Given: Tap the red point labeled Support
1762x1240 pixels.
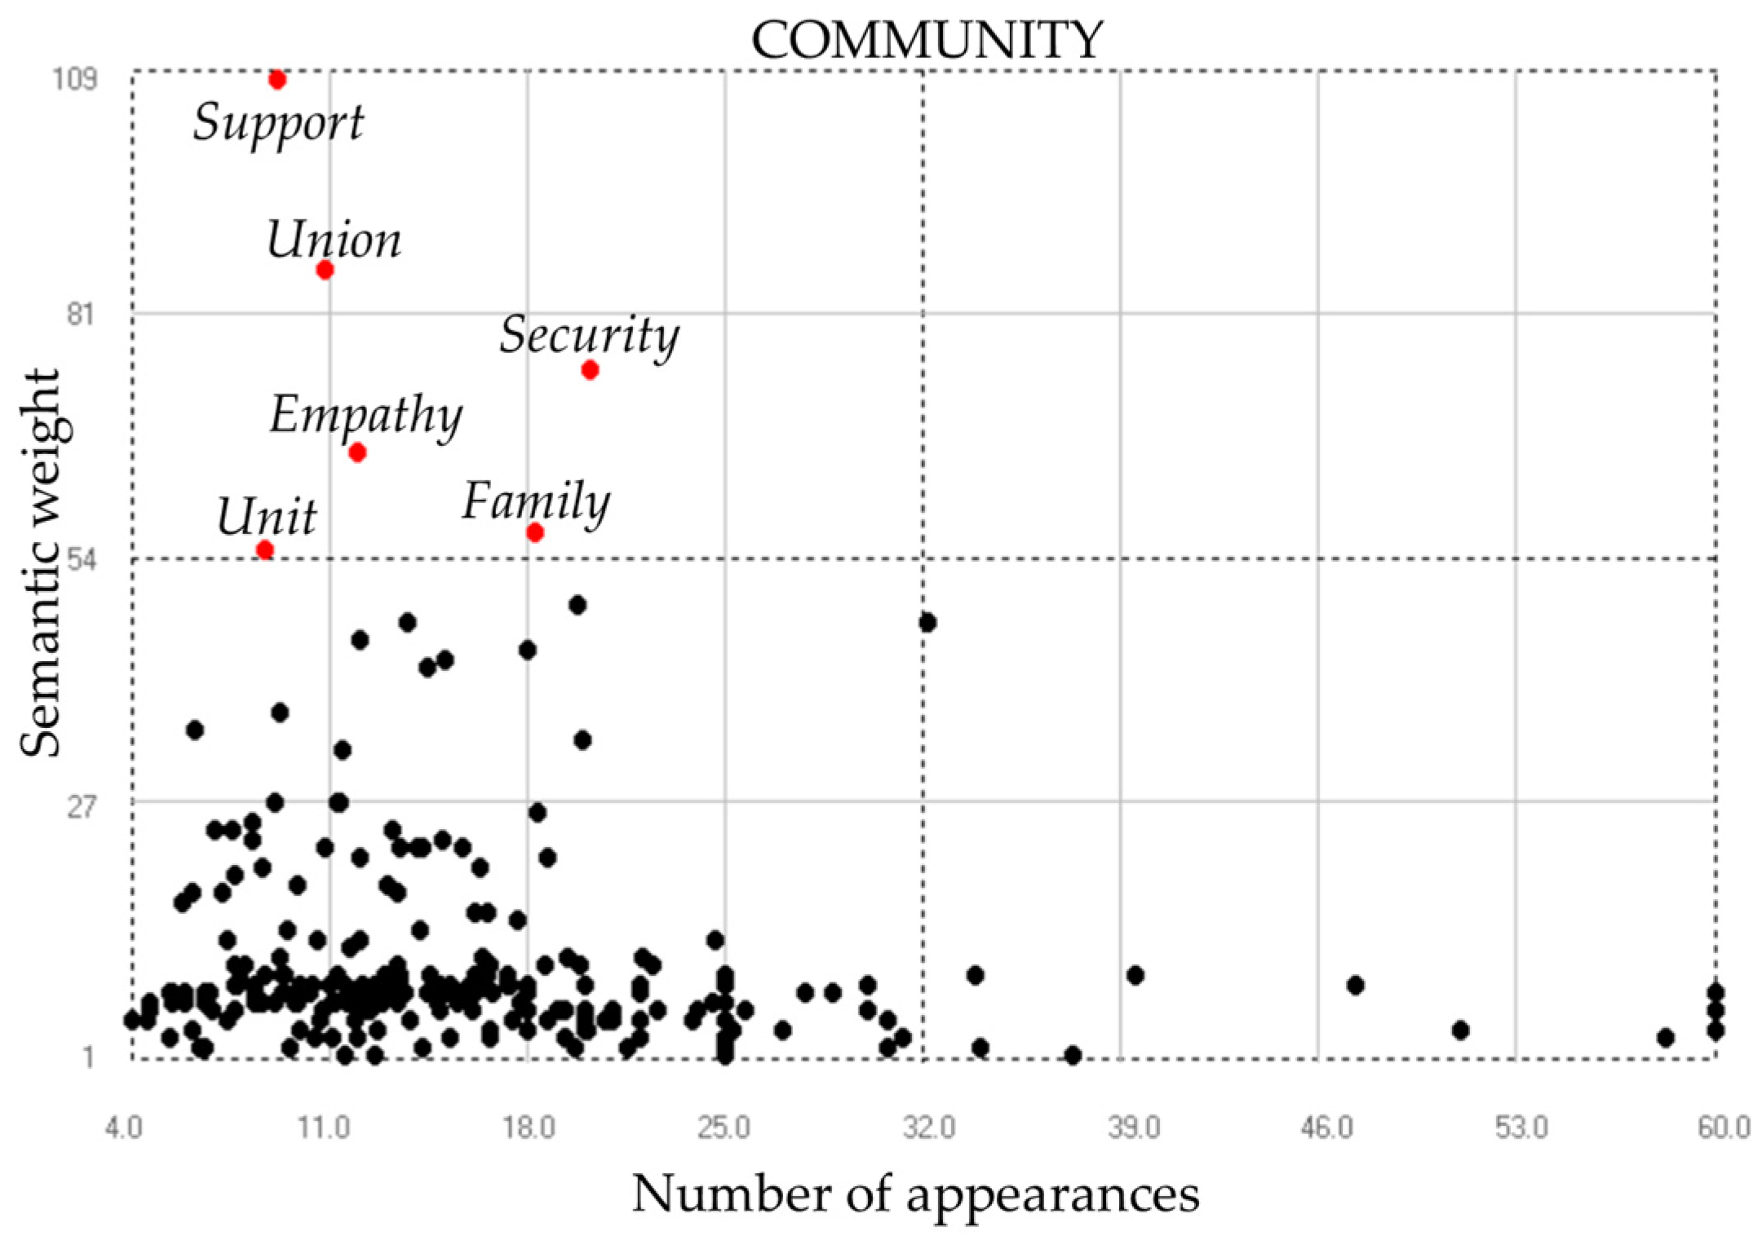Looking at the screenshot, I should tap(277, 80).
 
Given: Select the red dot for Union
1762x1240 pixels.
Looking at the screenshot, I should tap(325, 270).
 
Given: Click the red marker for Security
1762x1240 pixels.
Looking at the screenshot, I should tap(590, 370).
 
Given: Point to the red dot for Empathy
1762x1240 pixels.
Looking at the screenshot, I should tap(356, 452).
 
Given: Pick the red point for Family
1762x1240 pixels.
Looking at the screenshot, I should tap(534, 532).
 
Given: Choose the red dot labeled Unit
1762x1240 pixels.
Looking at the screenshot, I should tap(264, 550).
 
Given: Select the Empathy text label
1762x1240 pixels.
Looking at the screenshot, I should tap(365, 415).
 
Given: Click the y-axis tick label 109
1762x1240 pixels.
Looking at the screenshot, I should tap(74, 79).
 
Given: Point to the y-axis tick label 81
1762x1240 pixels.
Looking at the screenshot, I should tap(80, 313).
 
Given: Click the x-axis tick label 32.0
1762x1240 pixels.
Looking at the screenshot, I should tap(928, 1127).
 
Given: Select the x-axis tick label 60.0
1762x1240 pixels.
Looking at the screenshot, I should tap(1723, 1127).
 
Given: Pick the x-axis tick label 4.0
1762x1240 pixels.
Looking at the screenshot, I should tap(124, 1127).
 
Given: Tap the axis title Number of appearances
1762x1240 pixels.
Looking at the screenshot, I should tap(915, 1194).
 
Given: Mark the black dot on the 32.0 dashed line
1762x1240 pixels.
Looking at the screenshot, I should tap(927, 623).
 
